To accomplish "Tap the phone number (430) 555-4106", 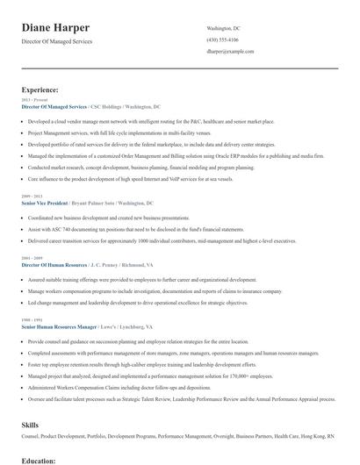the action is pos(223,40).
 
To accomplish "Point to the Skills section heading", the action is pos(30,424).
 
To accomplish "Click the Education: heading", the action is pos(40,460).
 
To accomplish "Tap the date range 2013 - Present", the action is pos(32,101).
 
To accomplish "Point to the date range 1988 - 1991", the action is pos(32,319).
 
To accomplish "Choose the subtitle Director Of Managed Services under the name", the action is pos(56,41).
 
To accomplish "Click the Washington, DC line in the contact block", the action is pos(223,29).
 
